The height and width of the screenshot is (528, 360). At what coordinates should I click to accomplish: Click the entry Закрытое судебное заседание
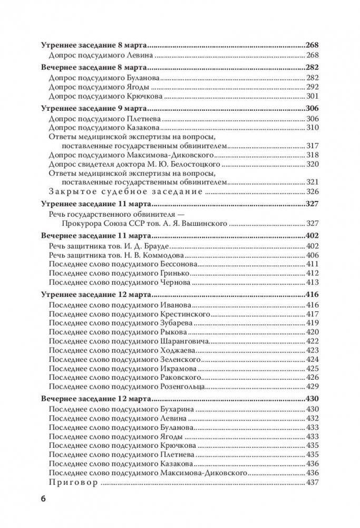click(x=125, y=191)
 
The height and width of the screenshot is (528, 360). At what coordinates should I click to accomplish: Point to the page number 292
click(x=313, y=87)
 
